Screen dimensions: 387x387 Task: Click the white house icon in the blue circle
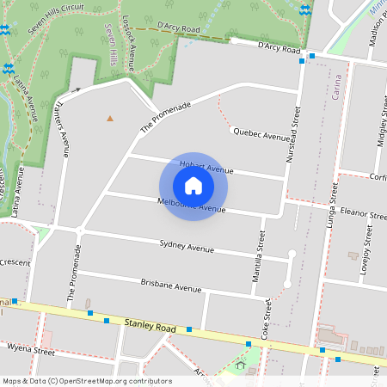[x=193, y=186]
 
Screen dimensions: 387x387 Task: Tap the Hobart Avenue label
[x=206, y=169]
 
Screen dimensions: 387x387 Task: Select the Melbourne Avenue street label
[x=191, y=205]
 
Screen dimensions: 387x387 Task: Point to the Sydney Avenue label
[x=187, y=247]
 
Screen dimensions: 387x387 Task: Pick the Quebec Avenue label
[x=261, y=134]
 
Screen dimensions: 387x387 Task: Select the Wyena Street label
[x=31, y=351]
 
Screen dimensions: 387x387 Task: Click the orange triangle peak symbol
[x=109, y=118]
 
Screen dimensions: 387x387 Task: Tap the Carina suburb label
[x=336, y=89]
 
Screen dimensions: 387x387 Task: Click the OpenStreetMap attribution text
[x=86, y=381]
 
